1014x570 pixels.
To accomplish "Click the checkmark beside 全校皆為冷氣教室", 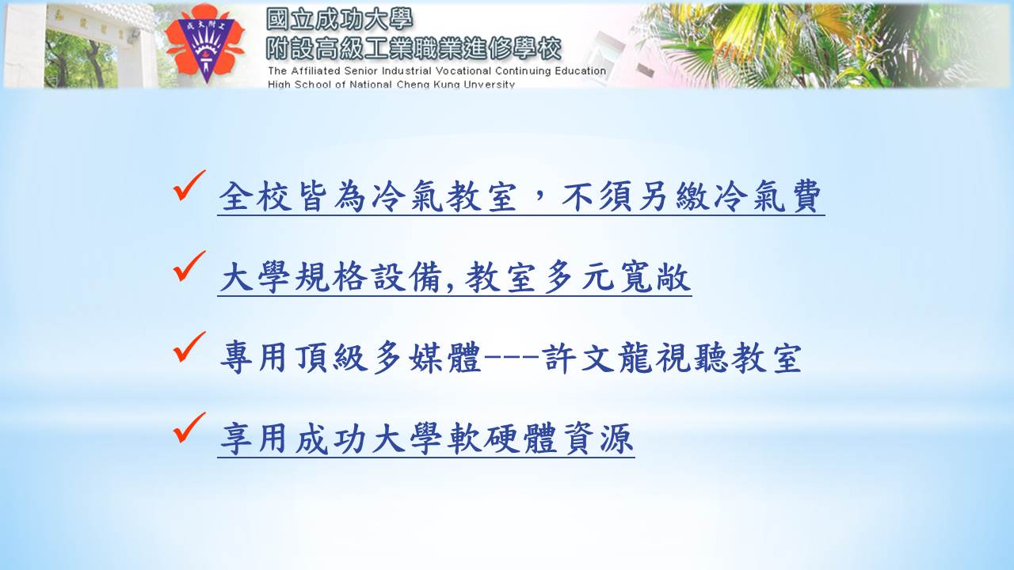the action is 189,185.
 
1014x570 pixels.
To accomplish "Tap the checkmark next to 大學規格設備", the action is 189,266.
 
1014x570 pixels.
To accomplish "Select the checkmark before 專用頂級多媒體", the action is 189,347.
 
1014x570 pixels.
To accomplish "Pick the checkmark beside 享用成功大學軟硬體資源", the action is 189,427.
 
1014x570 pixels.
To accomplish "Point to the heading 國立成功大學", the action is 339,20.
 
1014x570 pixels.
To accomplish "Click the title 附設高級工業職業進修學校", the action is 414,48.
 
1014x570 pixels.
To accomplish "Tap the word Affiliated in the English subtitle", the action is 315,71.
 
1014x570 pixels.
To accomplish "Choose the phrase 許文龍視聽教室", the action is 672,358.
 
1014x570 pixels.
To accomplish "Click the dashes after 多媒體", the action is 512,357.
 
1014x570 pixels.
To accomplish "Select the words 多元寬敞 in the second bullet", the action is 617,277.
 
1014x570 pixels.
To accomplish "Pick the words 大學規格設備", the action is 331,277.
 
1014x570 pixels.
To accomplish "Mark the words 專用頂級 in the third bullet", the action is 294,358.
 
